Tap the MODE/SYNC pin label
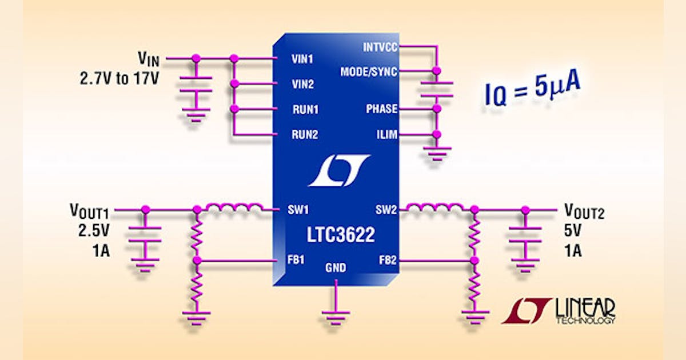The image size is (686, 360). coord(369,71)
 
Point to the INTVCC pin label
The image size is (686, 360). coord(380,47)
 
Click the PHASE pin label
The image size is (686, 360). coord(382,109)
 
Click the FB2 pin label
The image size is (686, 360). coord(387,261)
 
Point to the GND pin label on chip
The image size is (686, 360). coord(336,267)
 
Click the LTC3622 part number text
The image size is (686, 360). coord(336,235)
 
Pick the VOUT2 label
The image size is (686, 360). coord(584,213)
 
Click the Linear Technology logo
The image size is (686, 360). coord(559,311)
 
